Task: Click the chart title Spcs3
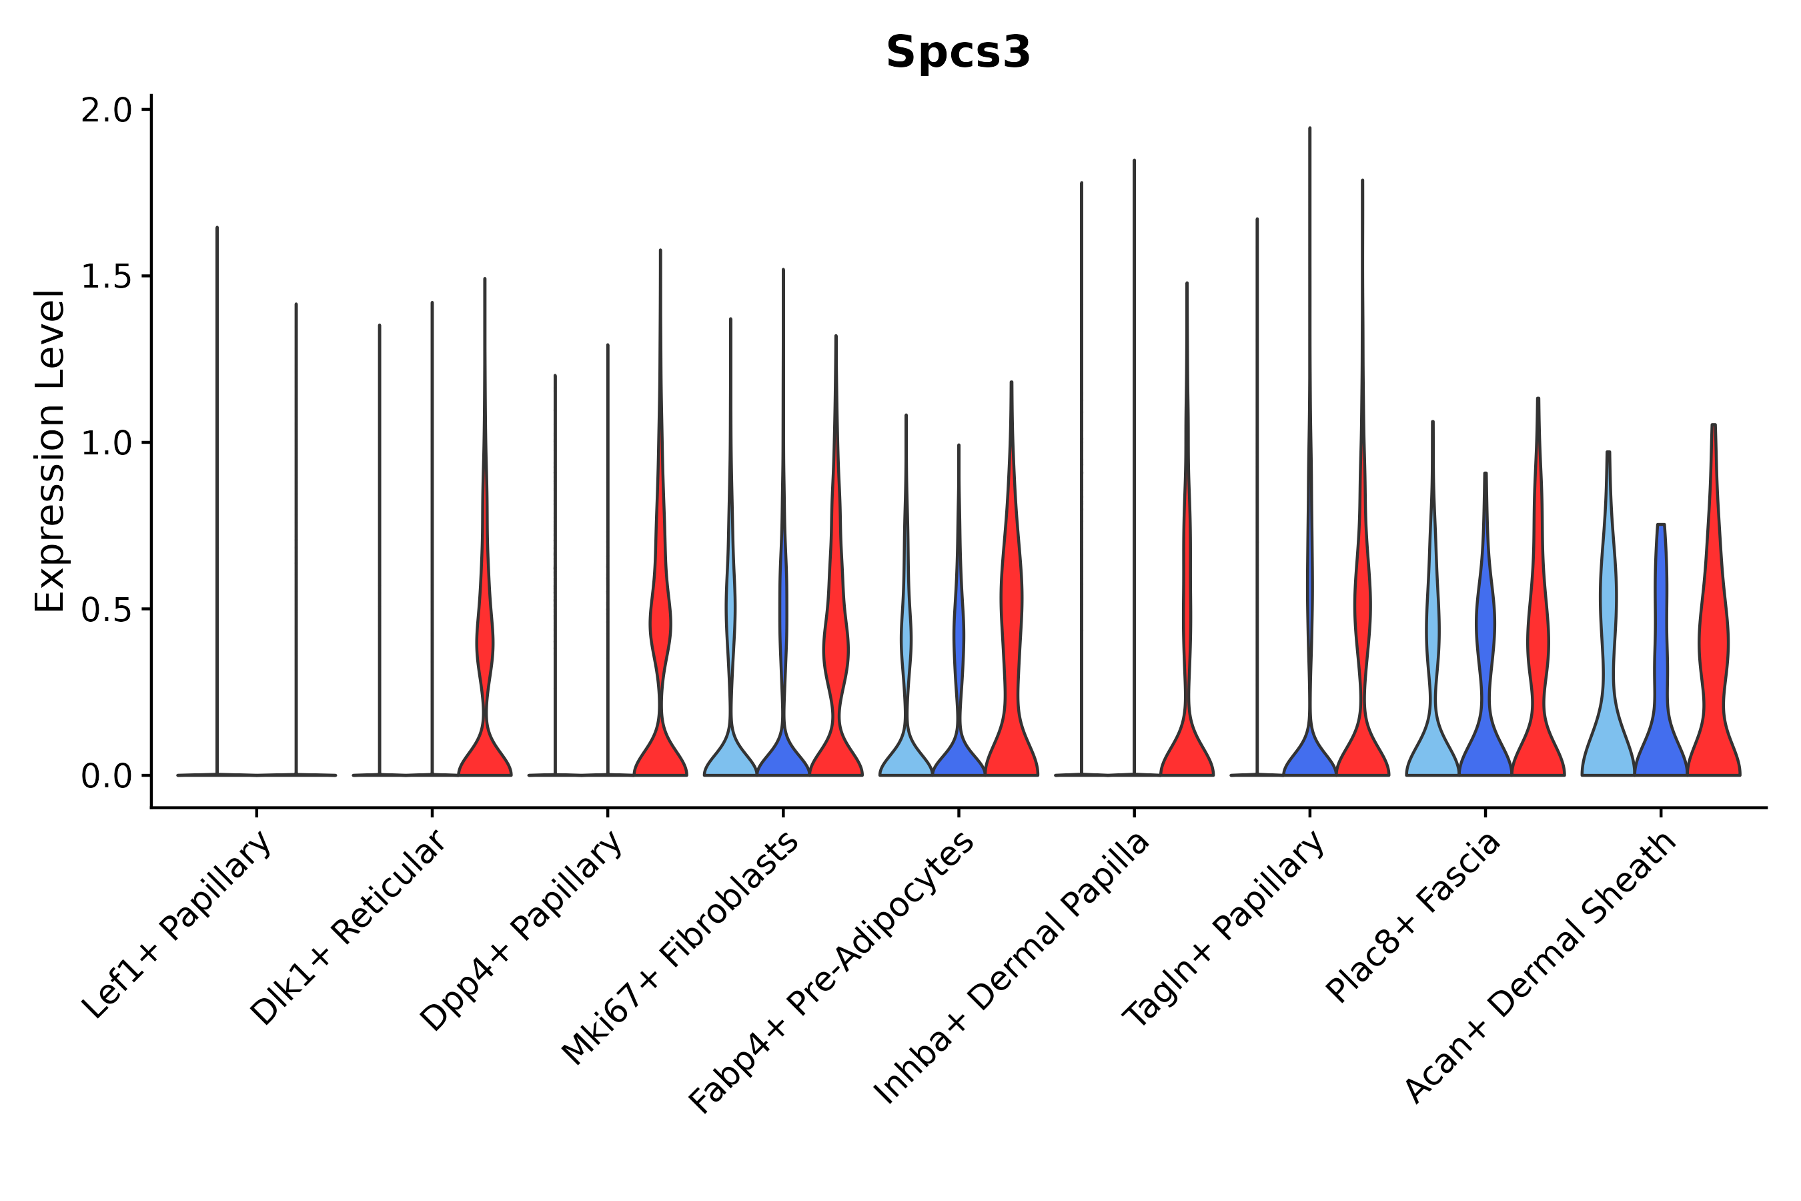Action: coord(958,53)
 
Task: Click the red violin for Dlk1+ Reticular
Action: coord(485,735)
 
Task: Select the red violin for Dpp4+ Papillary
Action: coord(660,735)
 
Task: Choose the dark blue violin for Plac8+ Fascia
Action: coord(1485,689)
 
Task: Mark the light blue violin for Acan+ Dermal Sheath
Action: coord(1608,689)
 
